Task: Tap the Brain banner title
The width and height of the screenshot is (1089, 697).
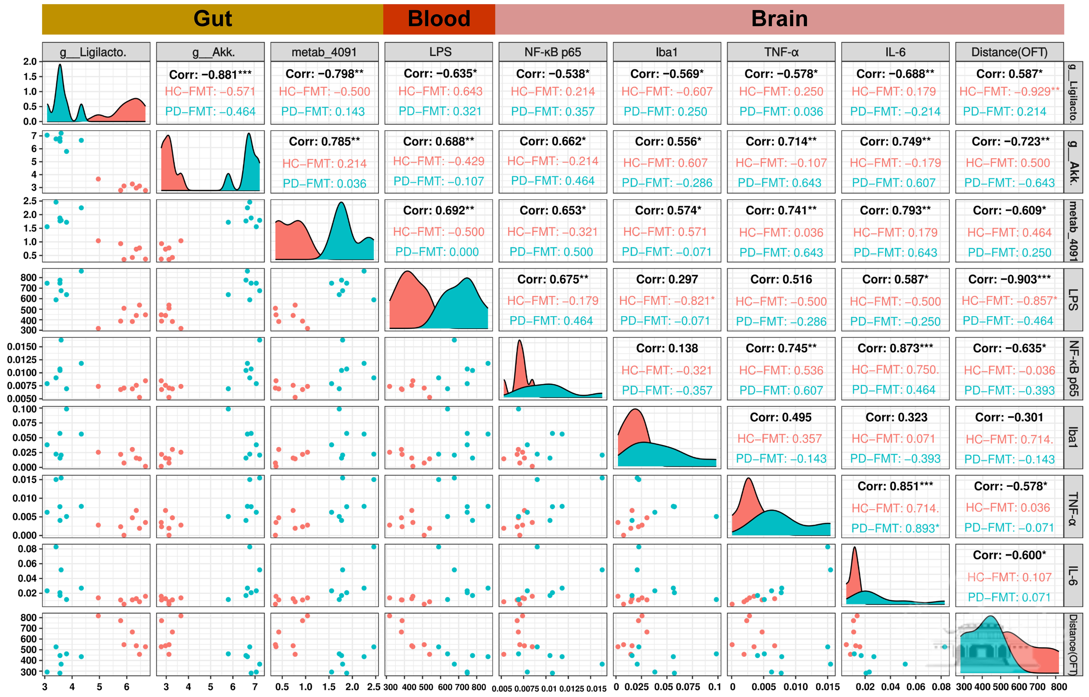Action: coord(779,19)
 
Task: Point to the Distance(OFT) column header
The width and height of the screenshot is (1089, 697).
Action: coord(1009,52)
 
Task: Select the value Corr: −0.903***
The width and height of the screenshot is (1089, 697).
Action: coord(1009,279)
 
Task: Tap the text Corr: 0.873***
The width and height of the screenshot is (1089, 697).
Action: coord(895,348)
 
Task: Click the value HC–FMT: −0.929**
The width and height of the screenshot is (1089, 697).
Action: coord(1009,91)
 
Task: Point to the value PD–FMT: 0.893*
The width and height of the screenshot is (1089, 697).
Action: coord(895,528)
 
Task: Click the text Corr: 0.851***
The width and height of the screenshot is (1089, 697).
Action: coord(895,486)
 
